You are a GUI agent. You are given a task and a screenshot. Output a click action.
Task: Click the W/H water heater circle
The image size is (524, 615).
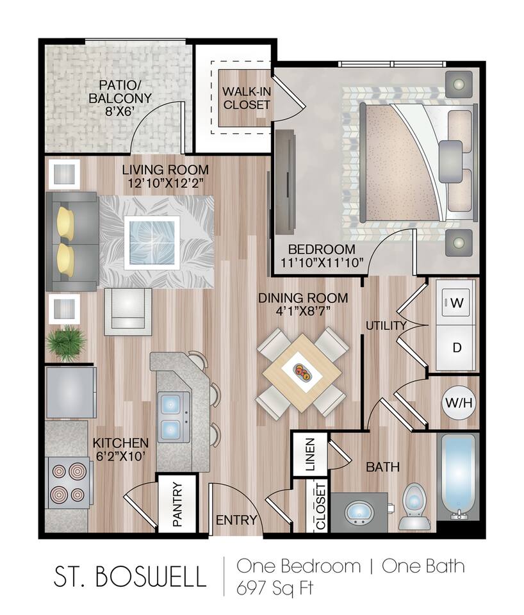(459, 404)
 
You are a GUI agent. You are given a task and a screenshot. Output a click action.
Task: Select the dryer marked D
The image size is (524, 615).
(456, 348)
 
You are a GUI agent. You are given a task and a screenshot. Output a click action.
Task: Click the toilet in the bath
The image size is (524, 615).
(413, 506)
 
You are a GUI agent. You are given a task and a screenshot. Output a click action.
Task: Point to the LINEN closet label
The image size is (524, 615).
(310, 454)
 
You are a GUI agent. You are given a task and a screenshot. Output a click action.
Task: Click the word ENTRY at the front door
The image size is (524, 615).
(236, 520)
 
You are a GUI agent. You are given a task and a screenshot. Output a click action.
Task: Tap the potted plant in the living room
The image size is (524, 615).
(65, 343)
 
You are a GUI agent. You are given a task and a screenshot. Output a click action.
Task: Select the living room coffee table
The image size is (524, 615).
(152, 242)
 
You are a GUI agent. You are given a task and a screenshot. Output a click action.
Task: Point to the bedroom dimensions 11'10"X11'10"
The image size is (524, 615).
(322, 262)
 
